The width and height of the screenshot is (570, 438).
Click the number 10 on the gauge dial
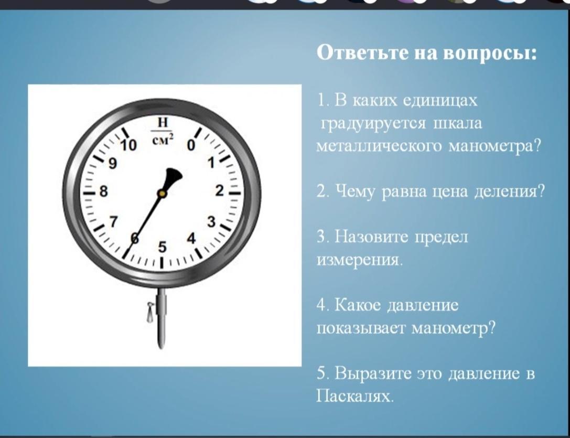click(x=128, y=145)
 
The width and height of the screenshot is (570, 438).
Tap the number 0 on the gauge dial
click(x=191, y=145)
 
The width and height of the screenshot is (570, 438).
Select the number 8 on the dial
click(x=104, y=191)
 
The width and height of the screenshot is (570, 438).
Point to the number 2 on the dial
click(x=219, y=190)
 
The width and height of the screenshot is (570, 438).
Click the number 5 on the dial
click(x=162, y=248)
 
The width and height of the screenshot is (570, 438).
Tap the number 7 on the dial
click(x=114, y=221)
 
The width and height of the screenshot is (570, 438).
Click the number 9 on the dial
click(x=113, y=164)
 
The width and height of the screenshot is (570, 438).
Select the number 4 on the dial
click(x=191, y=239)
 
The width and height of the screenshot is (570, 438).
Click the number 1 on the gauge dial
click(x=211, y=163)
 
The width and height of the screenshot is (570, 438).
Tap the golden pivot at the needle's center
click(x=162, y=194)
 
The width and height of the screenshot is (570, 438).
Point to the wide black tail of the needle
click(x=172, y=178)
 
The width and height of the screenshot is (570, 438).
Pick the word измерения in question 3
click(x=360, y=260)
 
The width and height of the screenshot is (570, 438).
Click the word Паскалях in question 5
click(x=355, y=396)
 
